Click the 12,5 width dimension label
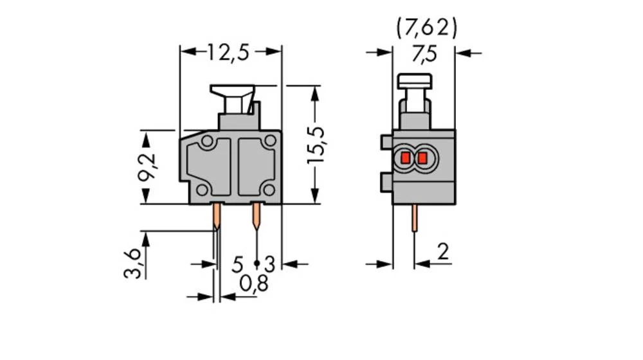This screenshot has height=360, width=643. point(228,52)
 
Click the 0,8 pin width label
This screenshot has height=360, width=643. point(253,283)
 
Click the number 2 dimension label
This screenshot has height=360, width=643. point(442,253)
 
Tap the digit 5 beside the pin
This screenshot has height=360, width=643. point(238,264)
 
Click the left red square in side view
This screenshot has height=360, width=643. point(406,158)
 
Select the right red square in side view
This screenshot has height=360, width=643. point(422,158)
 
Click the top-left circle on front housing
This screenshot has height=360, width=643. point(207,141)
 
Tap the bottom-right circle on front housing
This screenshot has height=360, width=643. point(269,189)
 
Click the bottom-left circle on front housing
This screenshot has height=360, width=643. point(202,189)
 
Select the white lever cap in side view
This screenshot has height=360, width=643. point(415,81)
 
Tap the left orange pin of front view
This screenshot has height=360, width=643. point(217,217)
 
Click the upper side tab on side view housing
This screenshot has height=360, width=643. point(386,142)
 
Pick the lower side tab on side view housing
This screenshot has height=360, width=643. point(386,182)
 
